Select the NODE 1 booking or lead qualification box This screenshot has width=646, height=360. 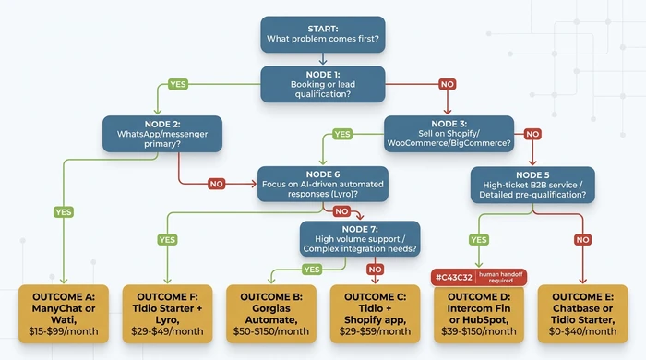(322, 82)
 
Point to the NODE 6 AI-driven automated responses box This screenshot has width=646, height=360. (309, 184)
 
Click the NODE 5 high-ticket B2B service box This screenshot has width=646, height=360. (532, 184)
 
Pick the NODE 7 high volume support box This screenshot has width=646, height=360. (359, 238)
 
